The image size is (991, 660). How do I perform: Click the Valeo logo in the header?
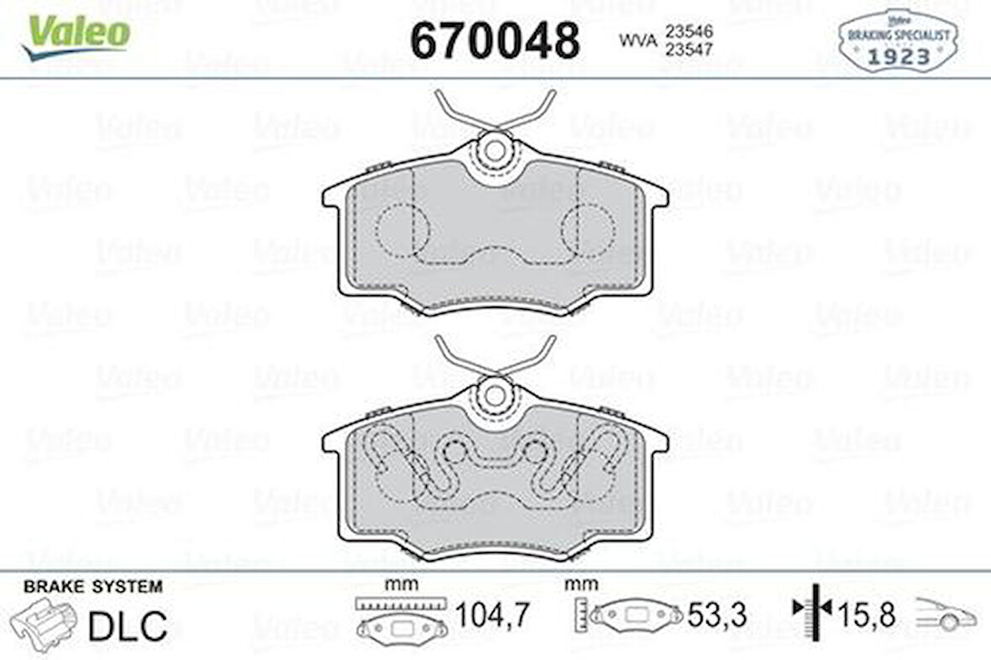(77, 36)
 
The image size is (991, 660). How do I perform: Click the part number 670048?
(495, 39)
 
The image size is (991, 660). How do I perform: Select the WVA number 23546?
(690, 31)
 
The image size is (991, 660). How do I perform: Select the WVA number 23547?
(690, 49)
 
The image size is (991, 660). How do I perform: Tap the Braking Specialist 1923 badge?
(898, 40)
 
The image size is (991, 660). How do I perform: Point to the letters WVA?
(637, 39)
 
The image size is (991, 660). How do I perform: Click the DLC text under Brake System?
(128, 626)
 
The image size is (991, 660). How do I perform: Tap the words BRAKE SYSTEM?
(93, 587)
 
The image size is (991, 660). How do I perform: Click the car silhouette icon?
(946, 615)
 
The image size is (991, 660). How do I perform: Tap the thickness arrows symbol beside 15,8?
(813, 606)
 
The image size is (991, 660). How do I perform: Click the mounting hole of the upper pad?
(495, 151)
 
